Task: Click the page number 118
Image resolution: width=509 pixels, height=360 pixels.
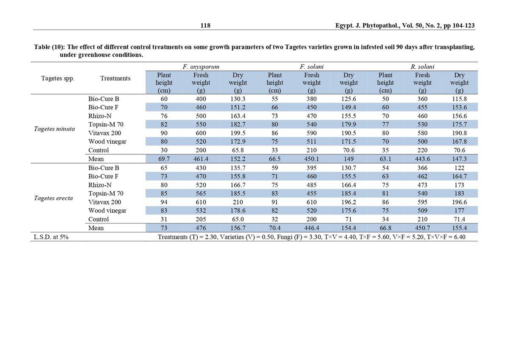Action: point(205,25)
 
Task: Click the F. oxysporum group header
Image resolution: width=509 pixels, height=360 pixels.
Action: point(201,67)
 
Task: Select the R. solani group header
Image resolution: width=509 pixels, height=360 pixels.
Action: point(422,67)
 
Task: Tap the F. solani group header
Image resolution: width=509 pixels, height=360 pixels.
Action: point(311,67)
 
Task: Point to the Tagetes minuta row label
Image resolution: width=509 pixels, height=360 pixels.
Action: point(54,129)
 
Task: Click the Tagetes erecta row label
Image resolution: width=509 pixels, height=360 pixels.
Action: point(53,198)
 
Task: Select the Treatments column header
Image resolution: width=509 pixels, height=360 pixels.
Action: point(115,78)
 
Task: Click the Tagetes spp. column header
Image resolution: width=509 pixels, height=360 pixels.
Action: point(58,78)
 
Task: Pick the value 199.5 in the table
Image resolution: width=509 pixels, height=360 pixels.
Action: point(238,133)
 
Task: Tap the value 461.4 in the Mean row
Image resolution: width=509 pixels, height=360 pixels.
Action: point(201,159)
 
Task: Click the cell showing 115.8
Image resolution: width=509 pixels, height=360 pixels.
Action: point(459,99)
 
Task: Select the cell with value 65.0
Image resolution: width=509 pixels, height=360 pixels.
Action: point(238,219)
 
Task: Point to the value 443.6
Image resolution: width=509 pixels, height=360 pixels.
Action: point(422,159)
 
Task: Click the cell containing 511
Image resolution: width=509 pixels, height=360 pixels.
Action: point(311,142)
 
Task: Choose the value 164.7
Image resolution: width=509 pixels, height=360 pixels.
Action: point(459,176)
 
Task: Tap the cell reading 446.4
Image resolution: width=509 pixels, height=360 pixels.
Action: point(311,228)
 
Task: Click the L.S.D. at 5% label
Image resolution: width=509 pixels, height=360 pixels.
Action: point(51,237)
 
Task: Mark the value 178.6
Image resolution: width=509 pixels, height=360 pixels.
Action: point(238,211)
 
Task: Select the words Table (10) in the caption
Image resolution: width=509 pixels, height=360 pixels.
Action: point(49,47)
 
